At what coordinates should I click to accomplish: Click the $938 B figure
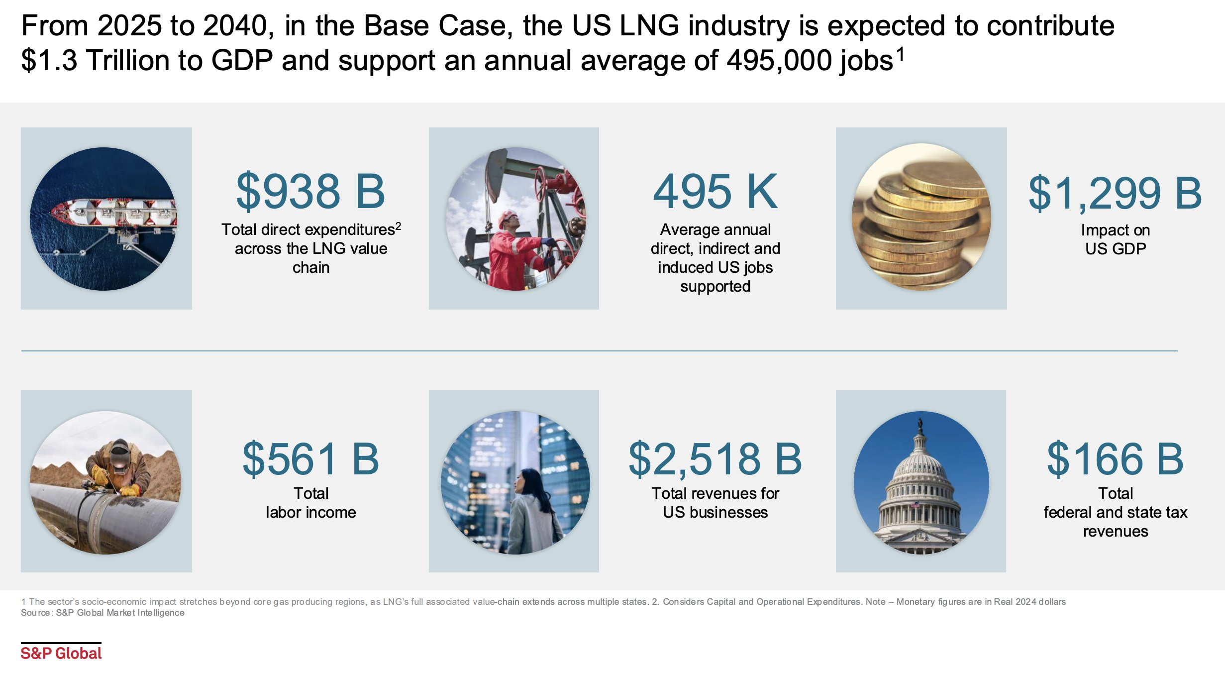click(310, 191)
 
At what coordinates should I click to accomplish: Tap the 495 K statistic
click(715, 191)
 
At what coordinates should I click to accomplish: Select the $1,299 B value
click(1115, 193)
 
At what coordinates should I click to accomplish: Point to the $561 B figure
click(310, 458)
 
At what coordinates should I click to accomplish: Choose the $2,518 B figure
click(715, 458)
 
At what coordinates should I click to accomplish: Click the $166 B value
click(1115, 458)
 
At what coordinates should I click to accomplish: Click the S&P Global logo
click(61, 652)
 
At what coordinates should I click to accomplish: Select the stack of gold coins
click(921, 217)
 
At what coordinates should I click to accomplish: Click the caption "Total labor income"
click(310, 503)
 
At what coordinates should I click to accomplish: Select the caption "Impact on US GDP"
click(1115, 239)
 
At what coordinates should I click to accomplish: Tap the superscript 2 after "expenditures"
click(398, 226)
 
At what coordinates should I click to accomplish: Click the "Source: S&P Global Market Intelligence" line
click(102, 613)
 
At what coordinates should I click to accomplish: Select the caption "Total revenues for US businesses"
click(715, 503)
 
